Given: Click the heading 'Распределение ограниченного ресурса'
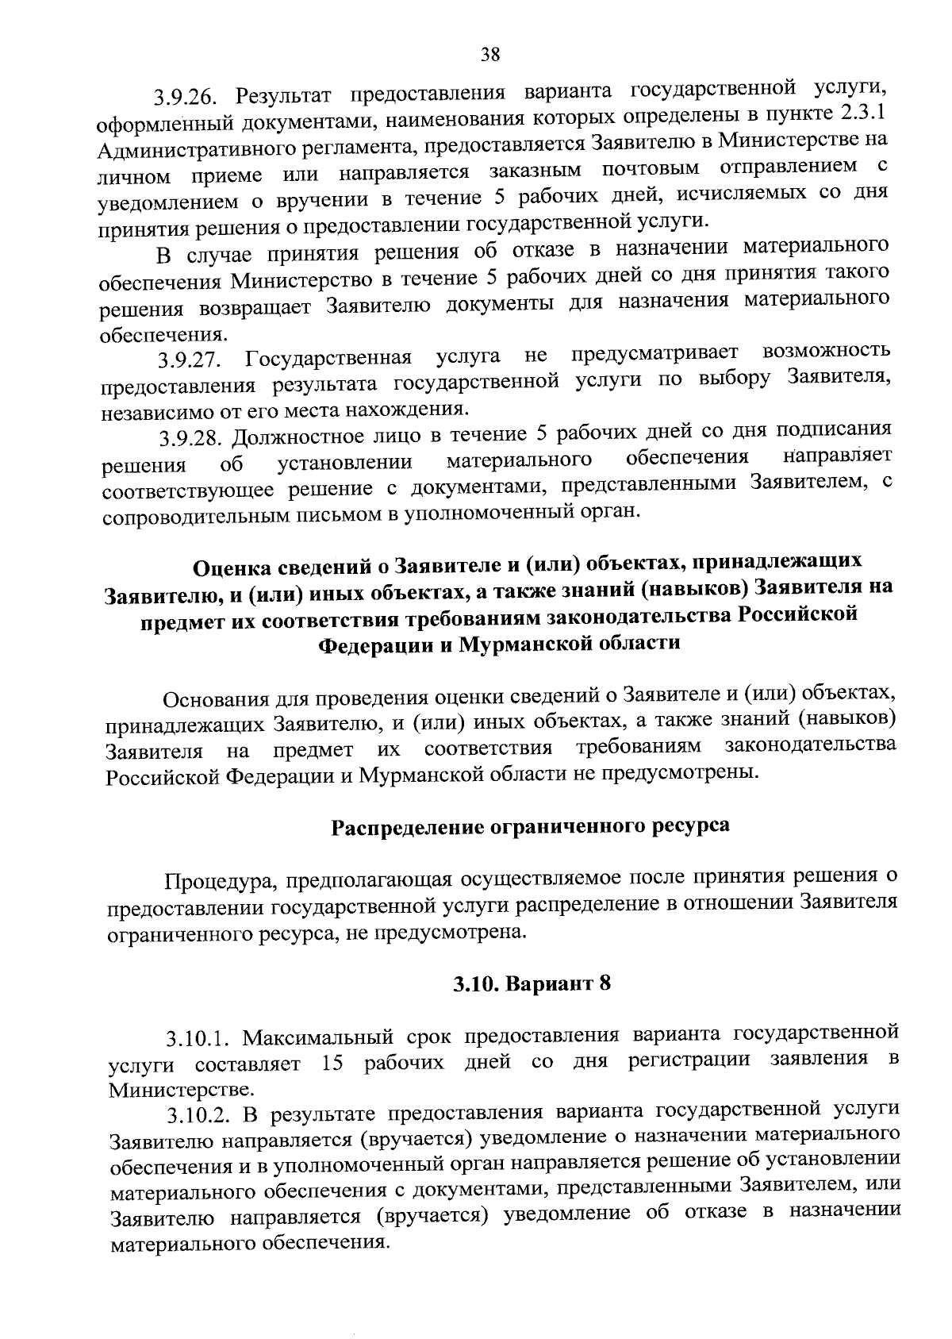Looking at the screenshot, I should pyautogui.click(x=529, y=826).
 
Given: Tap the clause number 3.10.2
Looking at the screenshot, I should pyautogui.click(x=200, y=1116).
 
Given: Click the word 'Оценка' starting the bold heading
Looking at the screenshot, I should pyautogui.click(x=232, y=567).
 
